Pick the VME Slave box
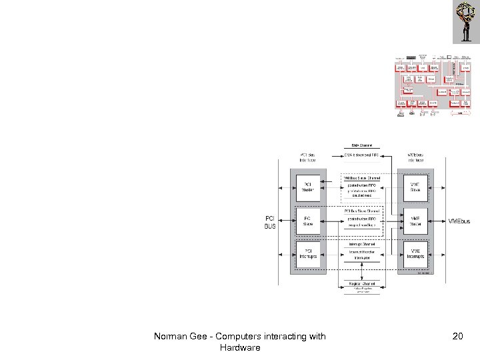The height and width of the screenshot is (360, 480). pos(415,187)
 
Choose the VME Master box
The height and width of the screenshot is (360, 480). pos(415,221)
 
